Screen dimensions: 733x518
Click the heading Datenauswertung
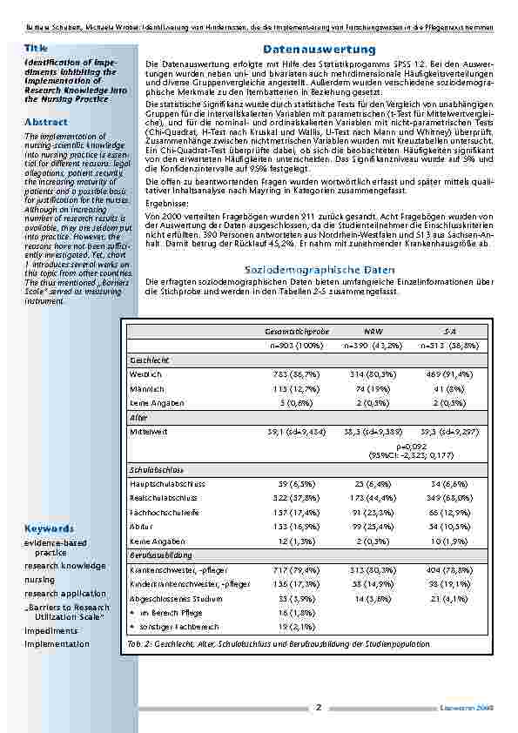(x=319, y=50)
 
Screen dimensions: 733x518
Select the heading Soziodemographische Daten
(x=319, y=271)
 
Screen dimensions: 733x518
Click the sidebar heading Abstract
(x=46, y=122)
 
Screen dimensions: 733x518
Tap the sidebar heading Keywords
(x=49, y=528)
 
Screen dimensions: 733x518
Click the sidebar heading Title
(x=36, y=47)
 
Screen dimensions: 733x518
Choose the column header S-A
(x=447, y=332)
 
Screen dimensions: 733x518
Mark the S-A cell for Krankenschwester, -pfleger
(x=447, y=568)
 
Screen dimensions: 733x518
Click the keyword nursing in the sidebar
(x=40, y=579)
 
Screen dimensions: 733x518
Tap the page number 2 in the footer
(x=319, y=707)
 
